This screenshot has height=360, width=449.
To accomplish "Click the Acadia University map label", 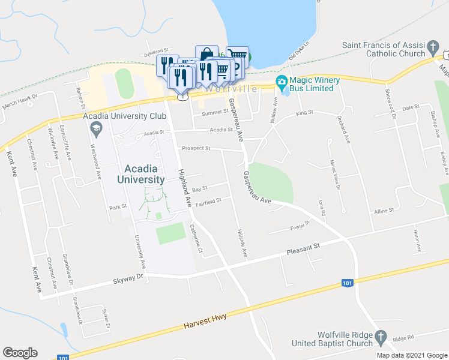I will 145,173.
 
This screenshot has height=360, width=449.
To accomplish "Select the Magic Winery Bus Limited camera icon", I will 280,82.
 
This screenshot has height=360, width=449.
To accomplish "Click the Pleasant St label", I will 304,249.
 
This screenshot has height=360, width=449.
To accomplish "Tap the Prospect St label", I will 196,148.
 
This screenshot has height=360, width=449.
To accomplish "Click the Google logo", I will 20,353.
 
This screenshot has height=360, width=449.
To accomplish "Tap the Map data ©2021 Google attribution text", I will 412,355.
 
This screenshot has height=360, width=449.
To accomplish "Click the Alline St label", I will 384,211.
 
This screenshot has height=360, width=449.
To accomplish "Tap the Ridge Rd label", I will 400,339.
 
